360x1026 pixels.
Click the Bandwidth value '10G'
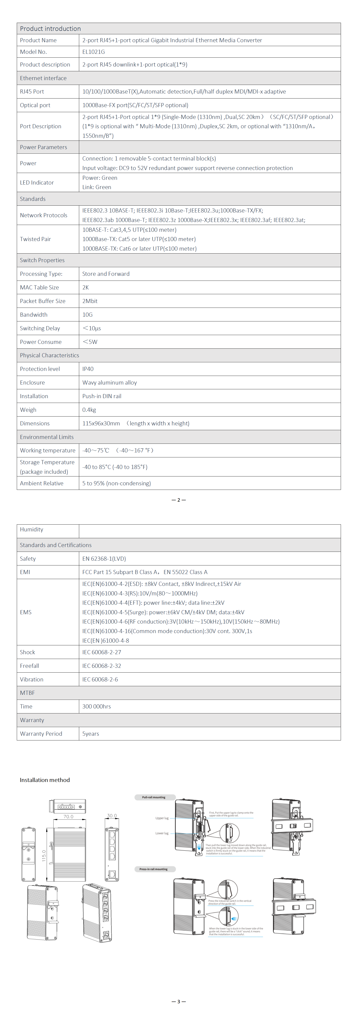pos(87,315)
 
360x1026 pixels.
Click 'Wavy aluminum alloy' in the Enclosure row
pos(110,382)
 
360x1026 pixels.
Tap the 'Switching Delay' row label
pos(40,328)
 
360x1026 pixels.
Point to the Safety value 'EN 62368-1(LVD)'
pos(104,559)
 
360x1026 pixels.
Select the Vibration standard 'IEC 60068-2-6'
pos(100,679)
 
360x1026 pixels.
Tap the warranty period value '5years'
pos(91,734)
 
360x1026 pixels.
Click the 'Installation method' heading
pos(45,780)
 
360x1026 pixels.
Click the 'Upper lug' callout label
pos(162,818)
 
